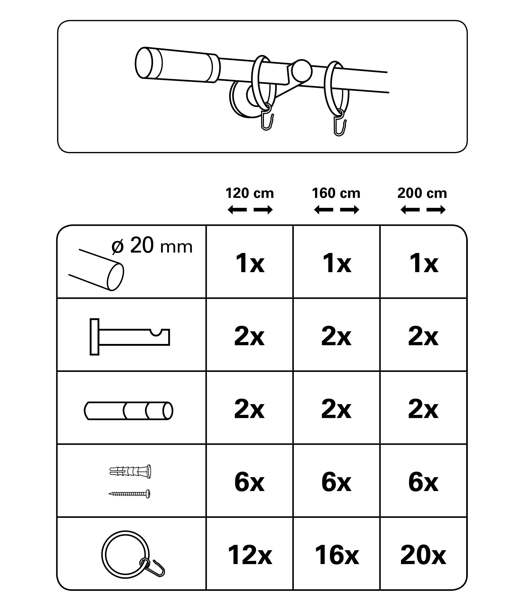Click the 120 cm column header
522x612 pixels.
[x=250, y=193]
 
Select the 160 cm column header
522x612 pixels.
[x=336, y=193]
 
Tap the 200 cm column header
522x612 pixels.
[x=422, y=193]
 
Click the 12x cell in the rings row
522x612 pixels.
[x=250, y=555]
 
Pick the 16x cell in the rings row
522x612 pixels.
[x=337, y=555]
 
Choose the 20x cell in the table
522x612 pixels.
[x=423, y=555]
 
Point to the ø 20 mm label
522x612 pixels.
[x=152, y=246]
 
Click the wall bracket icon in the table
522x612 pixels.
[x=130, y=337]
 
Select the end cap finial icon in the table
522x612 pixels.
[x=128, y=411]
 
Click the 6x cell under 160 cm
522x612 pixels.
[x=336, y=482]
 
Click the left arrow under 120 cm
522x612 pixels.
[x=237, y=210]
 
